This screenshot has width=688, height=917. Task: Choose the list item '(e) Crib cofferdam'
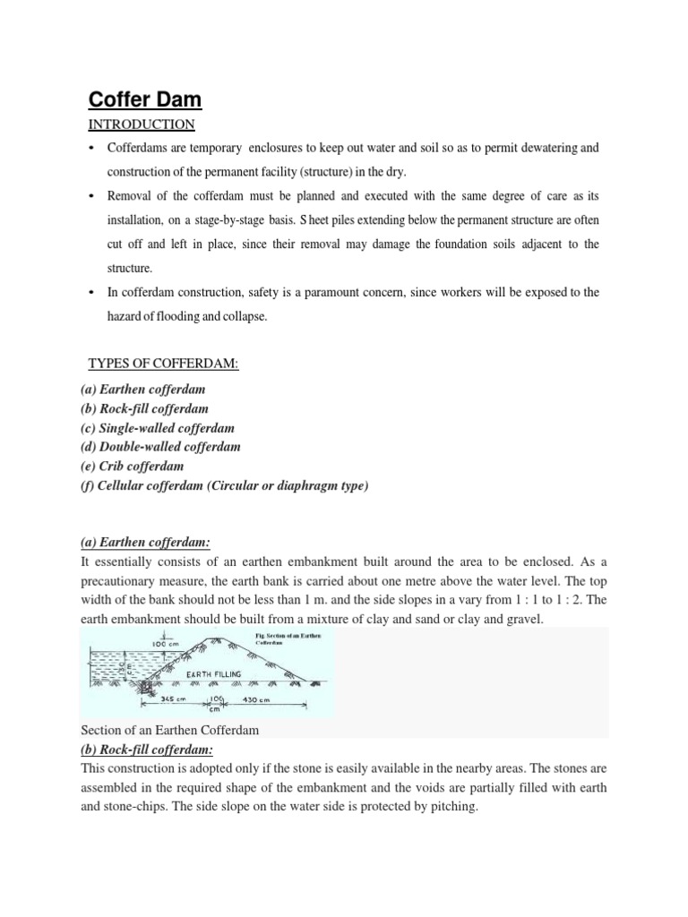coord(132,466)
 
